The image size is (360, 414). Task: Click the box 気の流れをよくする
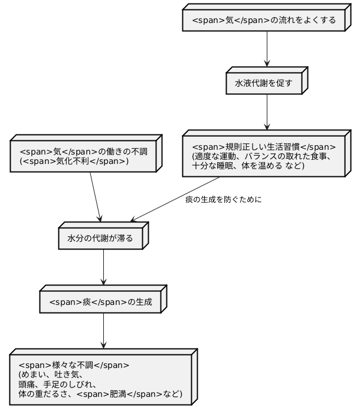tap(264, 21)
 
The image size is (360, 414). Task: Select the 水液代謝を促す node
tap(264, 84)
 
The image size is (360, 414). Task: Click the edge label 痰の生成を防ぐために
tap(223, 199)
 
